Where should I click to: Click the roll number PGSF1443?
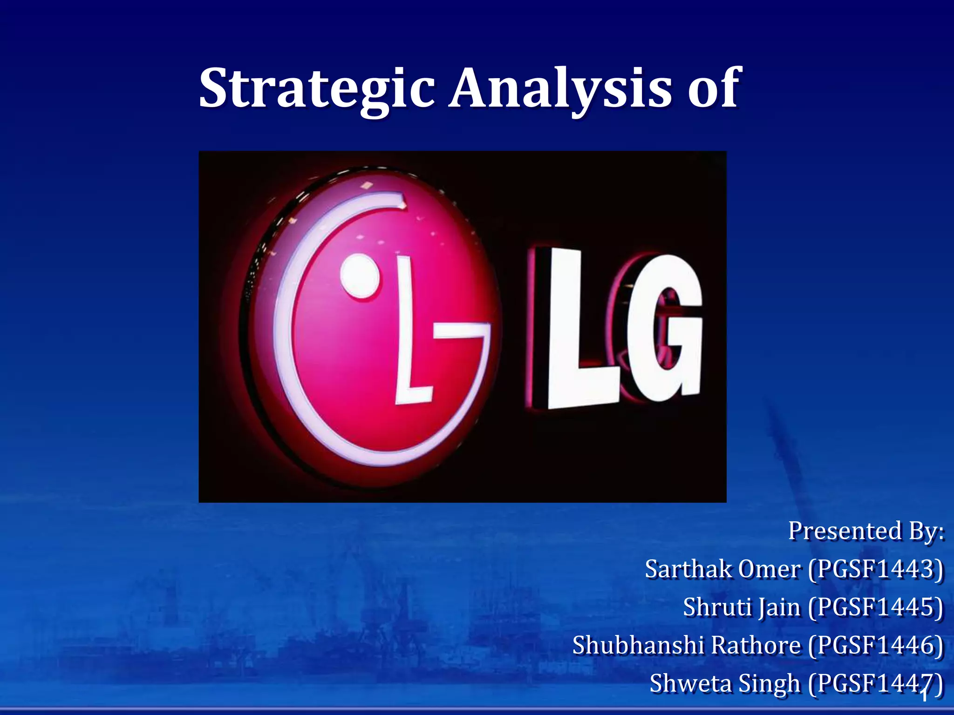[x=876, y=569]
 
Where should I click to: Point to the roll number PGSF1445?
[x=876, y=607]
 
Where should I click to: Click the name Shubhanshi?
[x=637, y=646]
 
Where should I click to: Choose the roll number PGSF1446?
[x=876, y=646]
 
